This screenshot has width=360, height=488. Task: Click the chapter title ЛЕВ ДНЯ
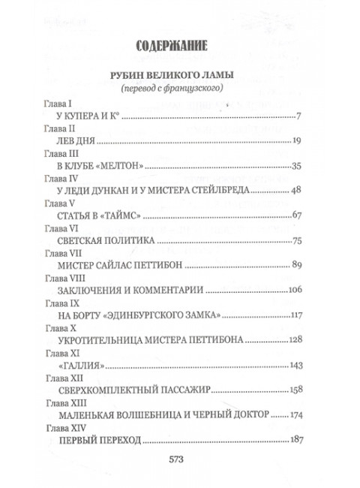pos(77,140)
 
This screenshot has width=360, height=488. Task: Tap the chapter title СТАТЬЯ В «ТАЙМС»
pos(99,216)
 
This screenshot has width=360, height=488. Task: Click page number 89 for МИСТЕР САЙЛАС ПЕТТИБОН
pos(295,266)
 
